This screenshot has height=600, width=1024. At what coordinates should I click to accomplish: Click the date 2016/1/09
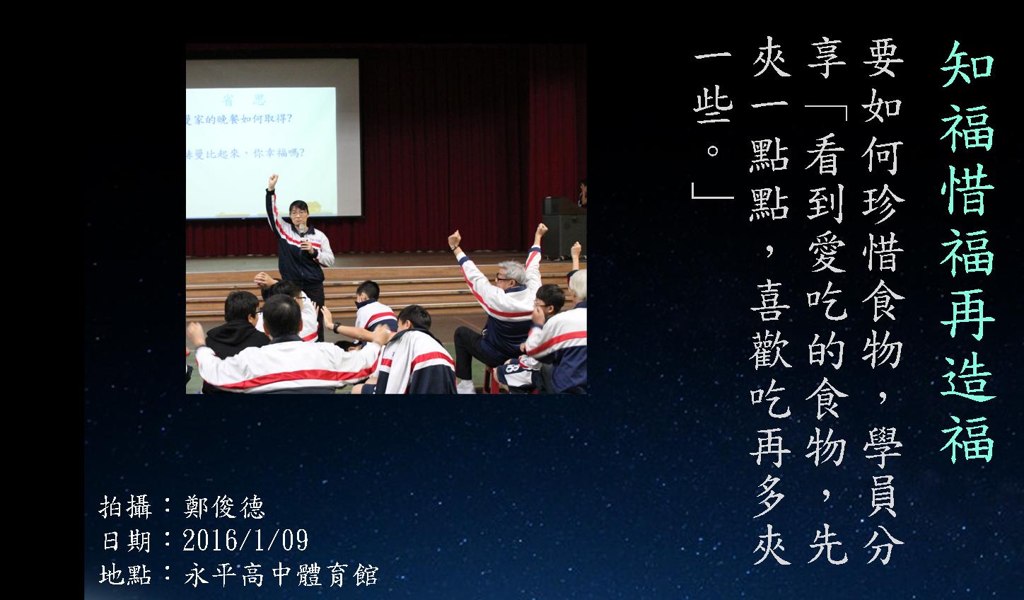point(245,540)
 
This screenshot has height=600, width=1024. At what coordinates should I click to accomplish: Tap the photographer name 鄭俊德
point(224,507)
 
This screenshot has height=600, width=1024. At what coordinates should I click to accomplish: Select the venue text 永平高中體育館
point(281,575)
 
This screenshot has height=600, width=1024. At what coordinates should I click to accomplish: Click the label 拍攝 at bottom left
point(124,507)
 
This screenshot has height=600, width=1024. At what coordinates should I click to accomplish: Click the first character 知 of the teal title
point(967,64)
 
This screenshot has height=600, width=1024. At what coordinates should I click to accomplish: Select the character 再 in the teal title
point(967,315)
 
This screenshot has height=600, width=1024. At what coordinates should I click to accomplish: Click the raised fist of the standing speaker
point(274,180)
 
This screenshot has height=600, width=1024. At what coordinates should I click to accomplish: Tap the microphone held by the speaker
point(302,231)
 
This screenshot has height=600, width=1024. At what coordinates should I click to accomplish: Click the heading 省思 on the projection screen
point(244,100)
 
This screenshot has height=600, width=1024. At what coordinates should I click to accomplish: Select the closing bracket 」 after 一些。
point(713,190)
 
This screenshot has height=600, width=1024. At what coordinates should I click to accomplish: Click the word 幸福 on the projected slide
point(276,153)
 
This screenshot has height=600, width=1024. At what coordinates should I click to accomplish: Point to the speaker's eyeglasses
point(298,212)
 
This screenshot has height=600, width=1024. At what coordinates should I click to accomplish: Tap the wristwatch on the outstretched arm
point(337,328)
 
